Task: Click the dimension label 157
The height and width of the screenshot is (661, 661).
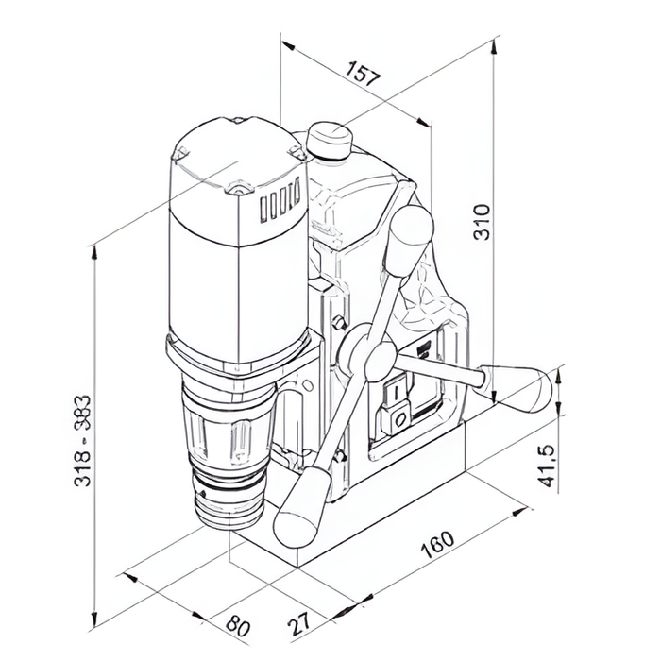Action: click(363, 73)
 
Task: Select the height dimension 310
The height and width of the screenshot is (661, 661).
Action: click(482, 222)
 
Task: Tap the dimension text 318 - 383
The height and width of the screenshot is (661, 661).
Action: click(82, 441)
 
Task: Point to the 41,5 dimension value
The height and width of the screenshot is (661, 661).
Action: click(548, 466)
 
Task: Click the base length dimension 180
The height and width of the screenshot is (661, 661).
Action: click(437, 544)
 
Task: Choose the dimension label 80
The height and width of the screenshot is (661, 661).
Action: click(238, 625)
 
